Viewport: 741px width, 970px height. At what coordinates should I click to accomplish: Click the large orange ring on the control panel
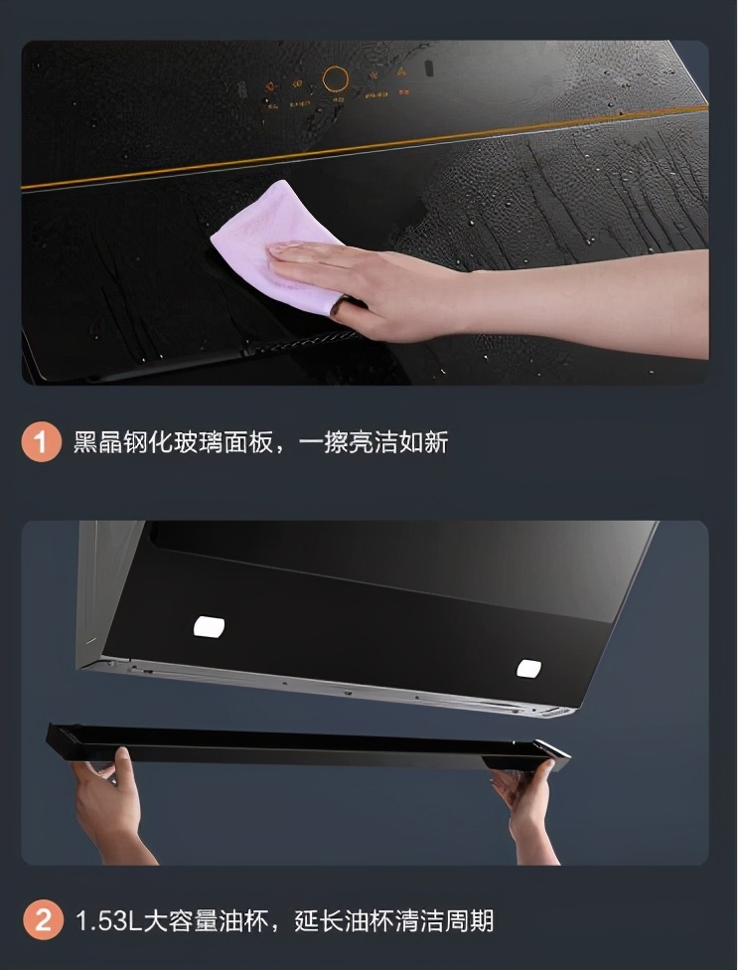(x=336, y=81)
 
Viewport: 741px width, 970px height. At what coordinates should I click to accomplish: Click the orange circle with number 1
(x=41, y=442)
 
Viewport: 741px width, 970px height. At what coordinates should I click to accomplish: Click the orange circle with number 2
(x=41, y=919)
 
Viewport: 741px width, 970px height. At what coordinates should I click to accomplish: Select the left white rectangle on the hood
(x=209, y=626)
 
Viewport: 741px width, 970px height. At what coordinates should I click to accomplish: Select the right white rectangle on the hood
(x=529, y=668)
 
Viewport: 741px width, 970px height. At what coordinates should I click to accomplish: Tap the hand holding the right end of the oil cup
(x=524, y=800)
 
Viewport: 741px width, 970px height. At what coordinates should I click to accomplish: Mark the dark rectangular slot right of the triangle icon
(x=429, y=70)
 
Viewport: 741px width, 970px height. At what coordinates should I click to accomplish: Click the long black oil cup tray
(x=308, y=746)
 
